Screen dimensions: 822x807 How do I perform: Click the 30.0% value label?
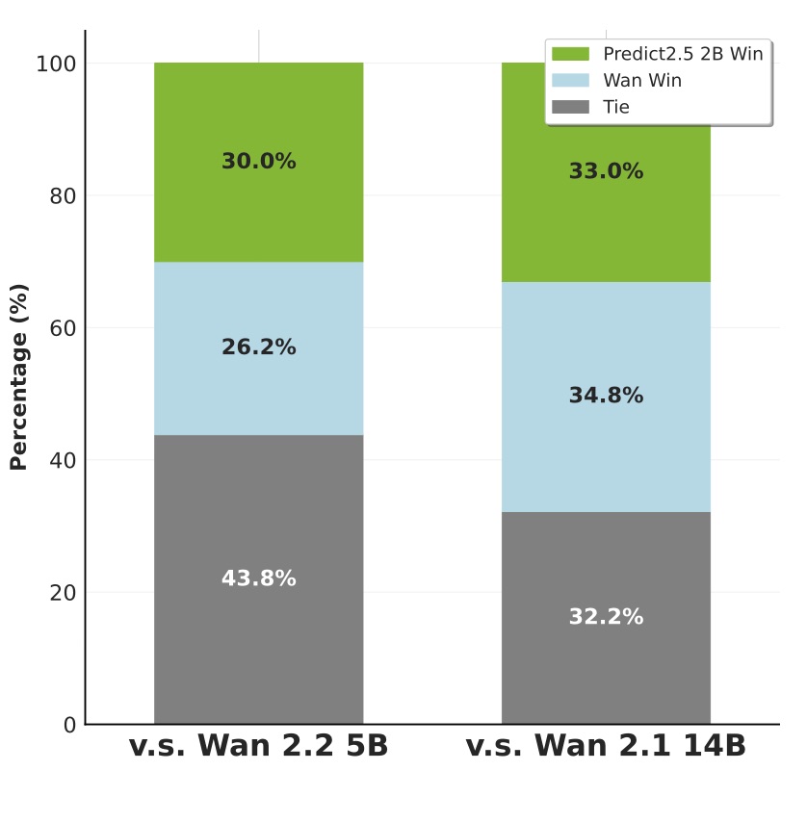pyautogui.click(x=258, y=162)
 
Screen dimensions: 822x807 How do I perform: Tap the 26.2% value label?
pyautogui.click(x=258, y=347)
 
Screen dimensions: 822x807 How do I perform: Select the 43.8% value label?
pyautogui.click(x=258, y=579)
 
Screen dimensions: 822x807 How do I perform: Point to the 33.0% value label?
pyautogui.click(x=606, y=171)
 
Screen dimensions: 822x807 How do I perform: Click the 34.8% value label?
pyautogui.click(x=606, y=396)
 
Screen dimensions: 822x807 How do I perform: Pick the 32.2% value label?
pyautogui.click(x=606, y=617)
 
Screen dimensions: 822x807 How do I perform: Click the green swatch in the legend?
pyautogui.click(x=570, y=55)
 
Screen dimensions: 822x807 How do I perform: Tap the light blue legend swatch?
pyautogui.click(x=570, y=81)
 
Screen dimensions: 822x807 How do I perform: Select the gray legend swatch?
pyautogui.click(x=570, y=107)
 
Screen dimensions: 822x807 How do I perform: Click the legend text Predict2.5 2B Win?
pyautogui.click(x=683, y=55)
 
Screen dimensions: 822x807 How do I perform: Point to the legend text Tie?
pyautogui.click(x=616, y=107)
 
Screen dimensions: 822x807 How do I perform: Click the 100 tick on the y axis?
pyautogui.click(x=56, y=64)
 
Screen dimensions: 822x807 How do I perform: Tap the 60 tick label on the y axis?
pyautogui.click(x=62, y=328)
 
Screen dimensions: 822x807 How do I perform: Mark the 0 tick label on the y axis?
pyautogui.click(x=69, y=725)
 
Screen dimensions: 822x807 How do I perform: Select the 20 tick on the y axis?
pyautogui.click(x=62, y=593)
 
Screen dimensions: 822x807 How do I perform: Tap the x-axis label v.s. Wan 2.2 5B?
pyautogui.click(x=258, y=746)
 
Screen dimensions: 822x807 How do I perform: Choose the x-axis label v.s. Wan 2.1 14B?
pyautogui.click(x=606, y=746)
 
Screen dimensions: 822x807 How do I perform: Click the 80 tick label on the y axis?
pyautogui.click(x=62, y=196)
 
